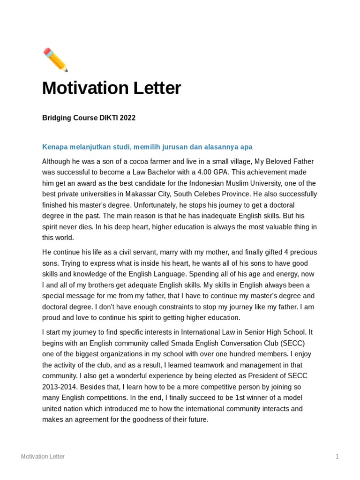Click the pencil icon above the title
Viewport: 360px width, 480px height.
point(55,60)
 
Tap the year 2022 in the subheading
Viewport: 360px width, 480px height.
point(128,118)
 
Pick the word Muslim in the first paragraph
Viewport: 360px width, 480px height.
point(225,183)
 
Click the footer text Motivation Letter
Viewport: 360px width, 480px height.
point(43,457)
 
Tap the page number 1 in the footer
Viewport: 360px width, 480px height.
point(337,457)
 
